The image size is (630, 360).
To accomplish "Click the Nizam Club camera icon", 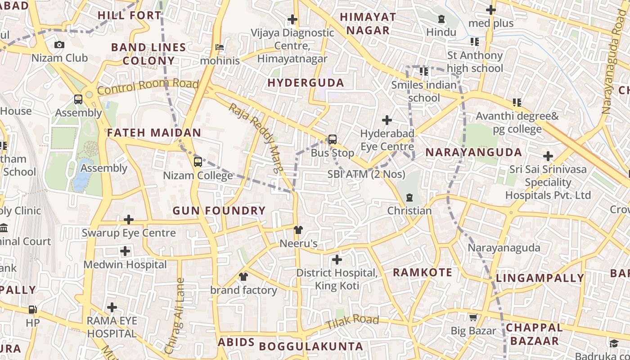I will click(59, 45).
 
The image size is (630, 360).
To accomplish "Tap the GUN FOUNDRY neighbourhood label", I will click(219, 211).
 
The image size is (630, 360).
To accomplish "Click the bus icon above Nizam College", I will click(198, 162).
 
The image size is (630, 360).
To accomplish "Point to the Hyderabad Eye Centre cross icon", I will click(387, 120).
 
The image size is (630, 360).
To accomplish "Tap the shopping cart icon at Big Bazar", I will click(473, 318).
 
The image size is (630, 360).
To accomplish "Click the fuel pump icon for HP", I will click(32, 310).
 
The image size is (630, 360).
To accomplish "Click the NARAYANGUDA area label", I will click(473, 153).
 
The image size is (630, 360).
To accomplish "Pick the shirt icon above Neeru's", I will click(298, 230).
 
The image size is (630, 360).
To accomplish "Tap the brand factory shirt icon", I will click(243, 277).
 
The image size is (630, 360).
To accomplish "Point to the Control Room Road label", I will click(148, 86).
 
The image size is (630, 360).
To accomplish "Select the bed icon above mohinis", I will click(220, 47).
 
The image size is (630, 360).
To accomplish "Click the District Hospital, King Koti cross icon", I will click(337, 260).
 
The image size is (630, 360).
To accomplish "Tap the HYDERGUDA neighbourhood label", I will click(306, 83).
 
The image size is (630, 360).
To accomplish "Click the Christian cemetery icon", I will click(409, 198).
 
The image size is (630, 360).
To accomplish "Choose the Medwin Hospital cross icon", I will click(125, 251).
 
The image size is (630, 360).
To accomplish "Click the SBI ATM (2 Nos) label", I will click(366, 174).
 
